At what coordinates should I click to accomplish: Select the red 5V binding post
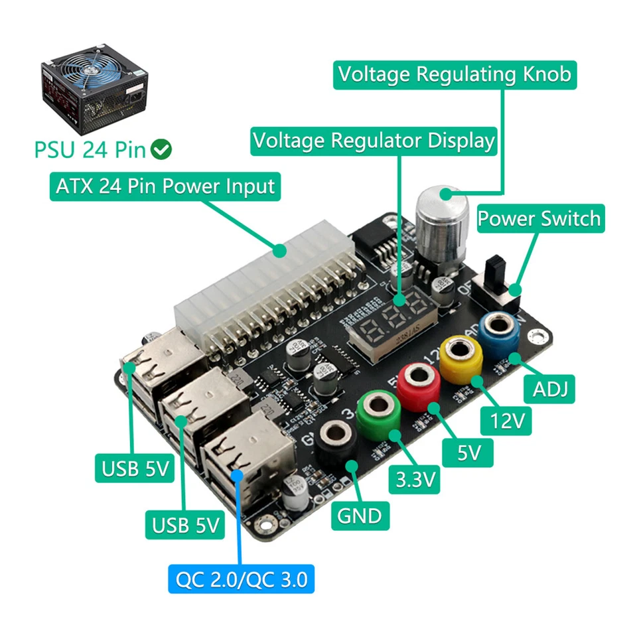pyautogui.click(x=419, y=376)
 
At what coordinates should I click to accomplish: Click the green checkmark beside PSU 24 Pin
pyautogui.click(x=161, y=150)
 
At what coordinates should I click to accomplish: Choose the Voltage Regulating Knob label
pyautogui.click(x=454, y=74)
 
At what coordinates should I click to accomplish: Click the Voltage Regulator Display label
pyautogui.click(x=374, y=141)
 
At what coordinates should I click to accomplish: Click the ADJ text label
pyautogui.click(x=550, y=389)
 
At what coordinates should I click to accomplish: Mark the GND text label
pyautogui.click(x=359, y=515)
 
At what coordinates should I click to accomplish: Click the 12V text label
pyautogui.click(x=506, y=421)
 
